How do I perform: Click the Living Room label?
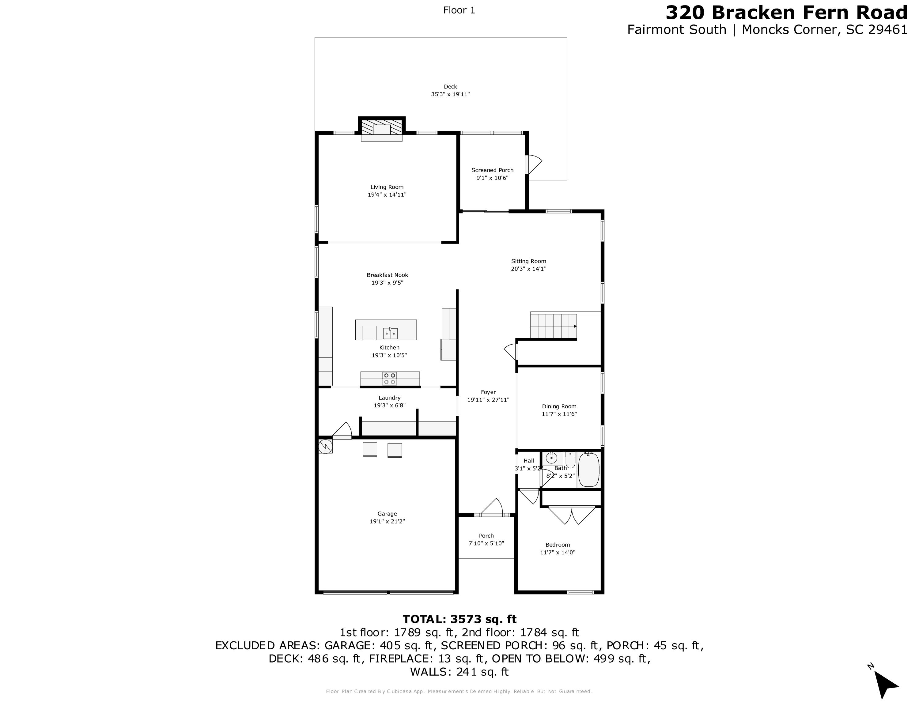[387, 187]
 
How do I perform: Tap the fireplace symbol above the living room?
[382, 129]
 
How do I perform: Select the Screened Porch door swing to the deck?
[534, 164]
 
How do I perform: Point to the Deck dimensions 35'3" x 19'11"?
[450, 95]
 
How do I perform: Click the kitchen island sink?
[390, 333]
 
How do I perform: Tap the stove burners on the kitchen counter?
[389, 379]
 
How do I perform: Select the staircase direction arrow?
[574, 326]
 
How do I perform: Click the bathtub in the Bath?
[588, 470]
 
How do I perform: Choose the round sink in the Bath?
[551, 458]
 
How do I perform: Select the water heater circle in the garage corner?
[325, 446]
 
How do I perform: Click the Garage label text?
[387, 514]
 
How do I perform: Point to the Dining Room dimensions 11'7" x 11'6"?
[559, 414]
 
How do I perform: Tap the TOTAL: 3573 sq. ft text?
[459, 619]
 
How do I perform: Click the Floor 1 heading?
[459, 10]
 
